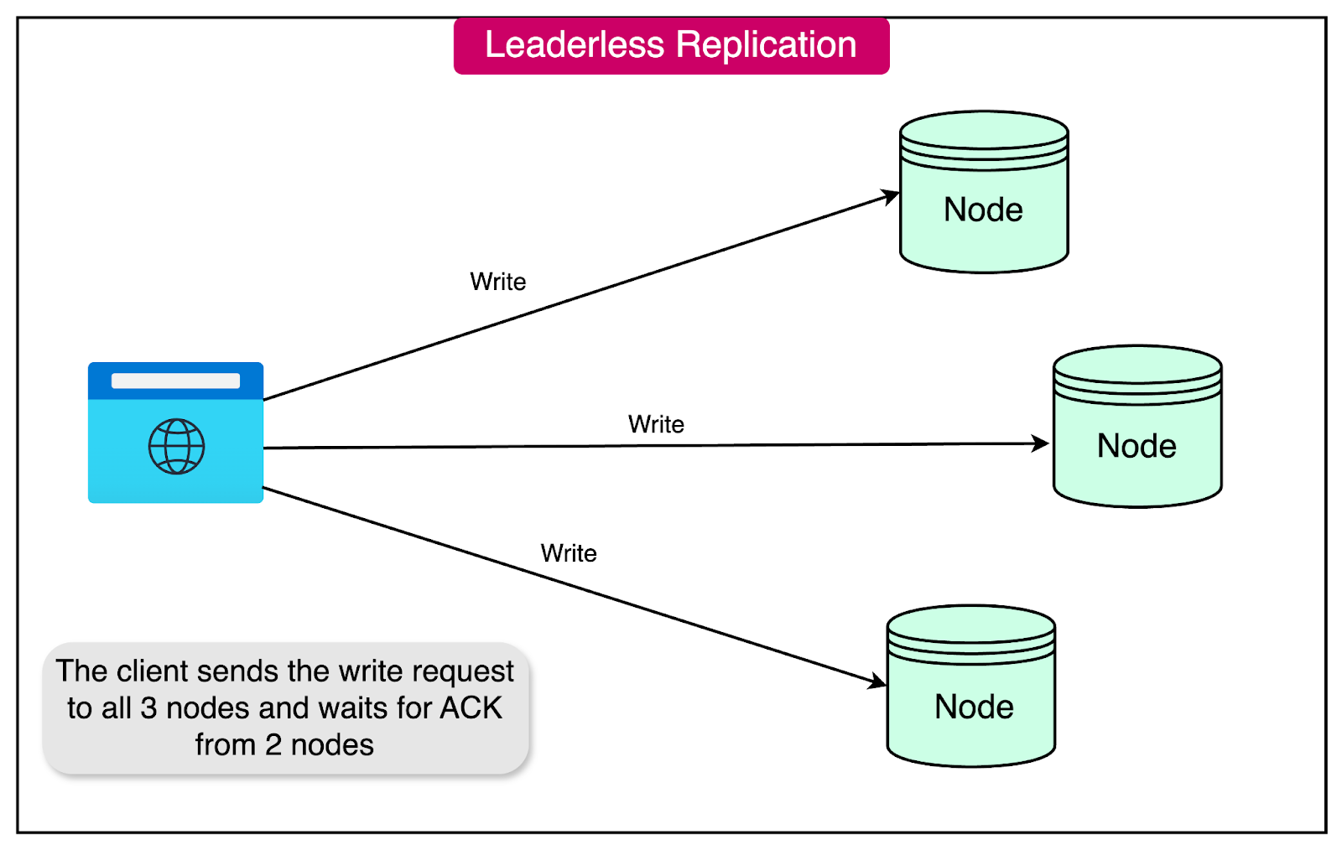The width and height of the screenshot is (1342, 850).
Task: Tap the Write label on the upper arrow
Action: pos(498,282)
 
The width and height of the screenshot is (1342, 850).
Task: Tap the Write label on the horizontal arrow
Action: pos(656,424)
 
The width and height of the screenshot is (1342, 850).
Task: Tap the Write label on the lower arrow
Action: pos(569,553)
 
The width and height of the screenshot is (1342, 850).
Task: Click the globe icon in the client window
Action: pos(176,447)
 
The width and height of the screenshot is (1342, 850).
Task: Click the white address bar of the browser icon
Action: pos(175,381)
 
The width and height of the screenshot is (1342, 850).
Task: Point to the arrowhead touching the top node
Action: pos(891,198)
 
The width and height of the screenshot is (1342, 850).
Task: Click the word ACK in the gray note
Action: pos(471,708)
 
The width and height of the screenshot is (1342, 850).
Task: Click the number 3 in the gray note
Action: pos(148,708)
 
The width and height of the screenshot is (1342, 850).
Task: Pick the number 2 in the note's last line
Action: pos(273,745)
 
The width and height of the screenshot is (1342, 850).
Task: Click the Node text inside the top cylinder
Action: pos(983,210)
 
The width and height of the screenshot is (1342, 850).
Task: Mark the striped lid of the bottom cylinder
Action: pos(971,636)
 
